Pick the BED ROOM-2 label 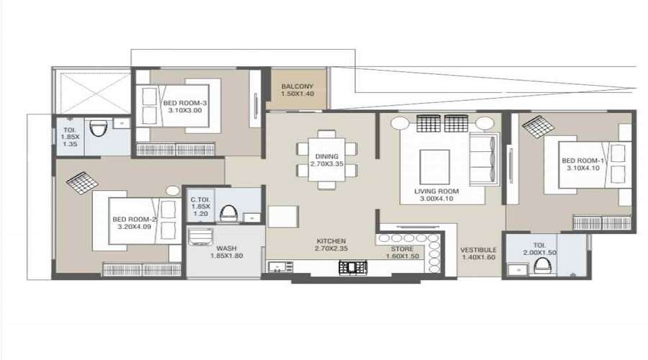coord(134,219)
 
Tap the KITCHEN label coord(331,240)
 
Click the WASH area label coord(227,248)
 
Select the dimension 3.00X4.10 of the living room coord(435,199)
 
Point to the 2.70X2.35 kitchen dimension coord(331,249)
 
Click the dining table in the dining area coord(326,158)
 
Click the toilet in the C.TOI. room coord(228,214)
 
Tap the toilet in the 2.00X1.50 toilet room coord(541,268)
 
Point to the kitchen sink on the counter coord(275,268)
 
